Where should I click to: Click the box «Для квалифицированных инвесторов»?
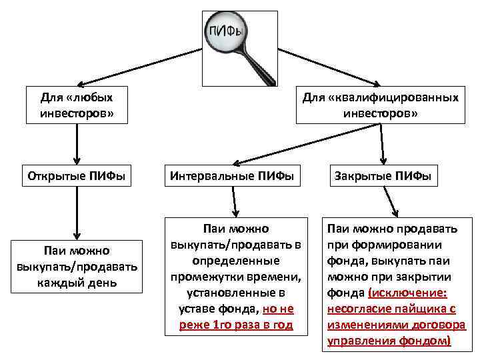380,105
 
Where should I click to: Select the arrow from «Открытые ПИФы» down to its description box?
77,213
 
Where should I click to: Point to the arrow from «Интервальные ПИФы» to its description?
234,201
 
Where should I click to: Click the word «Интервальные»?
210,177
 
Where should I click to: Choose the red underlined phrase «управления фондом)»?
389,340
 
